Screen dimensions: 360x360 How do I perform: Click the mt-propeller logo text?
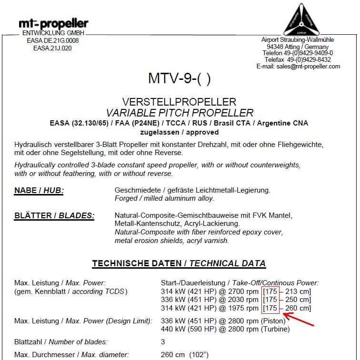(53, 23)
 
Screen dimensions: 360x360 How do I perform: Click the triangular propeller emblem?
(300, 19)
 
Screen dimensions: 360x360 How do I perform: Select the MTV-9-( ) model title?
(179, 78)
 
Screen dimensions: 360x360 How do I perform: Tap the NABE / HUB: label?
(39, 191)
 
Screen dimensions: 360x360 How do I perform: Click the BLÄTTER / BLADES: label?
(54, 216)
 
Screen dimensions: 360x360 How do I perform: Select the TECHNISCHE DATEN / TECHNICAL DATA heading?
(179, 263)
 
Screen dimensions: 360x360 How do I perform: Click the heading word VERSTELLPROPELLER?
(179, 102)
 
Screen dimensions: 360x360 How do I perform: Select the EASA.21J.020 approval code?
(52, 48)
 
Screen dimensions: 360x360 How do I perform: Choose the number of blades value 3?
(163, 341)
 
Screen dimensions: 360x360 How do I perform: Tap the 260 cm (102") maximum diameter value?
(185, 355)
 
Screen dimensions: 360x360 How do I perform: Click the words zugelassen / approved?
(179, 132)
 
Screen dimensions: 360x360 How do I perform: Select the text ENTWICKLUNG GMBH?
(53, 33)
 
